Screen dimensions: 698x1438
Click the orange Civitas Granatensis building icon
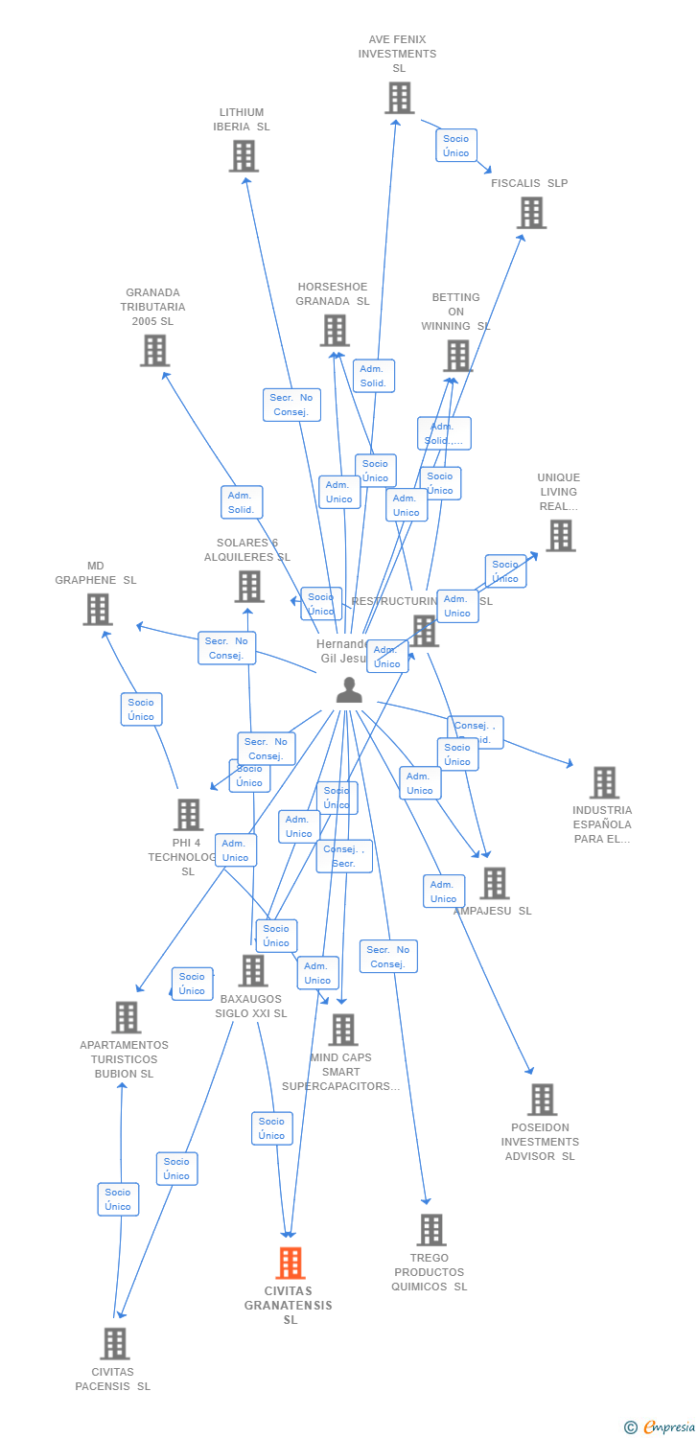pos(291,1264)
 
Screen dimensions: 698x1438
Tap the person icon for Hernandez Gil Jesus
pos(349,690)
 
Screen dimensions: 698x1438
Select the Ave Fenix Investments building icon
pos(399,98)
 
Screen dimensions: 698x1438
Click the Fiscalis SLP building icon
pos(531,213)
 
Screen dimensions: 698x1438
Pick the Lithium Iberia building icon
pos(244,156)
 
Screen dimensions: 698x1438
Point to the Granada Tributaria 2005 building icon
pos(154,351)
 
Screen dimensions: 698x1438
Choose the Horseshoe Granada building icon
pos(334,331)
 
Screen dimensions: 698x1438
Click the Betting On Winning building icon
pos(457,356)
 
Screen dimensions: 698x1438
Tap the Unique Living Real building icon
pos(560,536)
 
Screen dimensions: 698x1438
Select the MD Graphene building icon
pos(97,610)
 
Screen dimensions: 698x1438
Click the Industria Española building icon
pos(603,782)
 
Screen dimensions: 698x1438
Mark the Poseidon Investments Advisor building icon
pos(542,1100)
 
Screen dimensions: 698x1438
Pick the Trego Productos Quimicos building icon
pos(430,1230)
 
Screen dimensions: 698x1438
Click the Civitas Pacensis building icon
pos(114,1344)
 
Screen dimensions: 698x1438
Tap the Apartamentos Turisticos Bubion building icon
pos(126,1017)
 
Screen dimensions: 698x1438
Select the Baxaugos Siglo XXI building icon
pos(252,970)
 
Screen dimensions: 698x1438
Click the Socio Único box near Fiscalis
pos(456,146)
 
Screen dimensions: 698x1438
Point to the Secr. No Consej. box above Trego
pos(388,957)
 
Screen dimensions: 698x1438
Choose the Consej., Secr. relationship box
pos(344,856)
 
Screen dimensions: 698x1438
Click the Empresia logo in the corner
pos(661,1427)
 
